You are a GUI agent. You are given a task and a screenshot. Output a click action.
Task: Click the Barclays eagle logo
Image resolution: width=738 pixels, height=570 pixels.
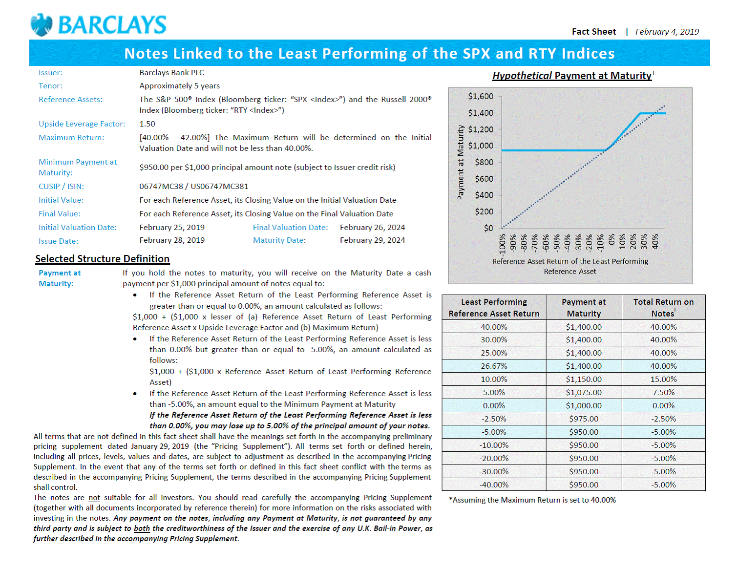tap(42, 25)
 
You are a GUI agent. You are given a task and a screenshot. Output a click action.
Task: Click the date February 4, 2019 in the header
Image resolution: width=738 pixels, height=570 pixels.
tap(667, 32)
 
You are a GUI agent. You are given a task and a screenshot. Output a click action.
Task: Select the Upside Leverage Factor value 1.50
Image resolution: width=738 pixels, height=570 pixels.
tap(147, 124)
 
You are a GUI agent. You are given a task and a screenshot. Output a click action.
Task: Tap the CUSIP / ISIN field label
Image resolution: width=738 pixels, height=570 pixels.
tap(61, 187)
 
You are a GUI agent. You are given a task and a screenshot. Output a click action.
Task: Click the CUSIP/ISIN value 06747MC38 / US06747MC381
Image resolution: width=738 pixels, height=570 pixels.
tap(193, 187)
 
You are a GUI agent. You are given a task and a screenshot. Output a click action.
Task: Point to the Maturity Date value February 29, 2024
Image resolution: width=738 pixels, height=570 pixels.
tap(372, 240)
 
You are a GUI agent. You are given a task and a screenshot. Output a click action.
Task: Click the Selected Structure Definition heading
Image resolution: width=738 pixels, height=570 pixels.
tap(102, 259)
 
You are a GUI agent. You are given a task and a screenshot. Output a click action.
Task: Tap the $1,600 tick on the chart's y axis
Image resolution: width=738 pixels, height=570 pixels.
tap(481, 96)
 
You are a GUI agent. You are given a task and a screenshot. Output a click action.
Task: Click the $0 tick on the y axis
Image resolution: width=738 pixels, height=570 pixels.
tap(488, 228)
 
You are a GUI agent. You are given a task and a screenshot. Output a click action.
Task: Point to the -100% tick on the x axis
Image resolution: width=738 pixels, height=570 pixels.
tap(502, 243)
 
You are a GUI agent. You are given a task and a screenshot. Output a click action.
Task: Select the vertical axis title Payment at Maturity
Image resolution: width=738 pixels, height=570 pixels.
tap(461, 162)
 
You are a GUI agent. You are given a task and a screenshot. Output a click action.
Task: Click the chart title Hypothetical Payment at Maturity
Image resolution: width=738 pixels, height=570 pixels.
tap(572, 76)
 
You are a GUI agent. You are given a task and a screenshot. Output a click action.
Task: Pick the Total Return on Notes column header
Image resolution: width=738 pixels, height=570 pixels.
tap(663, 308)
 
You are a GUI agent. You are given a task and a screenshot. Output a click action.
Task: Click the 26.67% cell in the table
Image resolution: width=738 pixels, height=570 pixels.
tap(494, 366)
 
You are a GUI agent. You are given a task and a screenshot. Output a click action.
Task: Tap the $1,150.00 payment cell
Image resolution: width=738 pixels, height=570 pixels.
tap(584, 380)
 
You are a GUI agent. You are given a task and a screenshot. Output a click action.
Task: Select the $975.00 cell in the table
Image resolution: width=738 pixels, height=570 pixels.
tap(584, 419)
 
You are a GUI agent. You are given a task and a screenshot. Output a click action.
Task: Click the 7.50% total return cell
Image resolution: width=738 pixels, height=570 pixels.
tap(663, 393)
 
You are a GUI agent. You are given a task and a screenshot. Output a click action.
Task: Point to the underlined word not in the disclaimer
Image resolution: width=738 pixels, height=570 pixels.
tap(94, 498)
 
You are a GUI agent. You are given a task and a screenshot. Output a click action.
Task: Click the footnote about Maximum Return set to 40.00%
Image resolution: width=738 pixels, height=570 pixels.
tap(532, 500)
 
